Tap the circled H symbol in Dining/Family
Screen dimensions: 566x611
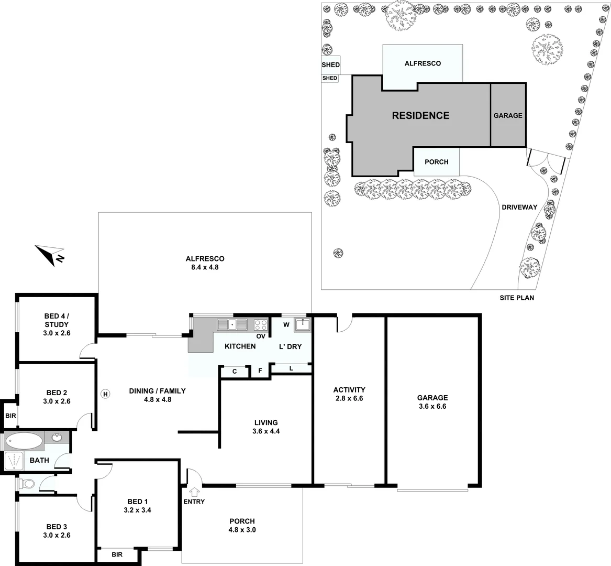pyautogui.click(x=105, y=394)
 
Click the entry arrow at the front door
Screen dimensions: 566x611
pyautogui.click(x=195, y=492)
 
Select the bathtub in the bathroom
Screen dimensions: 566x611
pyautogui.click(x=23, y=441)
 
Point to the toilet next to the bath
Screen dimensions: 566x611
pyautogui.click(x=27, y=483)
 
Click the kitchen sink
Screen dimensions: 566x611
pyautogui.click(x=234, y=324)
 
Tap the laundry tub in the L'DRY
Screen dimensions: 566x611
pyautogui.click(x=303, y=324)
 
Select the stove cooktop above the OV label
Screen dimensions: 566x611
pyautogui.click(x=261, y=324)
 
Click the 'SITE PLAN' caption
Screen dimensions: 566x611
pyautogui.click(x=516, y=298)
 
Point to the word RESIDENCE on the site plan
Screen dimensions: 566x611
pyautogui.click(x=420, y=116)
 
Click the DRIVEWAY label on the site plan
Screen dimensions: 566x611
pyautogui.click(x=519, y=207)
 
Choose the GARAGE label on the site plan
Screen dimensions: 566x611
pyautogui.click(x=508, y=115)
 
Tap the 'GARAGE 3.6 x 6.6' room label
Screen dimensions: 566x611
pyautogui.click(x=432, y=402)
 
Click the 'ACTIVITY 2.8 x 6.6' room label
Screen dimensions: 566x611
pyautogui.click(x=349, y=394)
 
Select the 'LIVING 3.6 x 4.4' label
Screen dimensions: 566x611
pyautogui.click(x=266, y=427)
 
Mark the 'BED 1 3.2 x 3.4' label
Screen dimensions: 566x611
pyautogui.click(x=138, y=505)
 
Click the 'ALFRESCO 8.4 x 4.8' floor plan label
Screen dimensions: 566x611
pyautogui.click(x=205, y=263)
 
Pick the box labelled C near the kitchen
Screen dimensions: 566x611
pyautogui.click(x=235, y=372)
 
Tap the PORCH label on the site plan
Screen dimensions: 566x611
pyautogui.click(x=436, y=162)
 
